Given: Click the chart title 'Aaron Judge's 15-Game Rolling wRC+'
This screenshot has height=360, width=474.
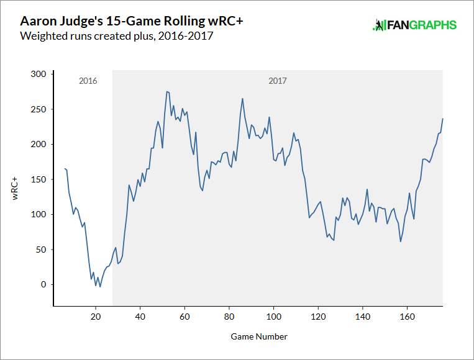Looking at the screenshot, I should coord(132,21).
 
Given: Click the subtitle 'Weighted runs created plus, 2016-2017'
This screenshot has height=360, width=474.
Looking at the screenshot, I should coord(117,36).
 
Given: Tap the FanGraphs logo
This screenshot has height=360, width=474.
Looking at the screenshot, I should coord(414,25).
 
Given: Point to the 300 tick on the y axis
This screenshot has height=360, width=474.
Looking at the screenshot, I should coord(39,74).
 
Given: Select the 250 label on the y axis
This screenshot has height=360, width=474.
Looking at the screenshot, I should coord(39,109).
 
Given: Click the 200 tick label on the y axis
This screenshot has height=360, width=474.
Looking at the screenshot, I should coord(39,144).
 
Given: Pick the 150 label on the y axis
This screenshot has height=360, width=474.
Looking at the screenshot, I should coord(39,179).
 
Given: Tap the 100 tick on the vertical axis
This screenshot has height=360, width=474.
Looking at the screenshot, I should coord(39,214).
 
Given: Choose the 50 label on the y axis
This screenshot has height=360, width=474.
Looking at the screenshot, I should coord(40,250).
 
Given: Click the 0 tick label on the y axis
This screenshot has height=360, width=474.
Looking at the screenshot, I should coord(43,284).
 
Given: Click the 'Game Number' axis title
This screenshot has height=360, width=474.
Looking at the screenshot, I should coord(259,336).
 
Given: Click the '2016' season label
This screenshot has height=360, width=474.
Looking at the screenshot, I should coord(88,81).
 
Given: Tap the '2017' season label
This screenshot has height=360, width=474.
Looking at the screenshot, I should coord(278,81).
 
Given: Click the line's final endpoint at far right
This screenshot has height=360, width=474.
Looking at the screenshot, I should coord(442,119).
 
